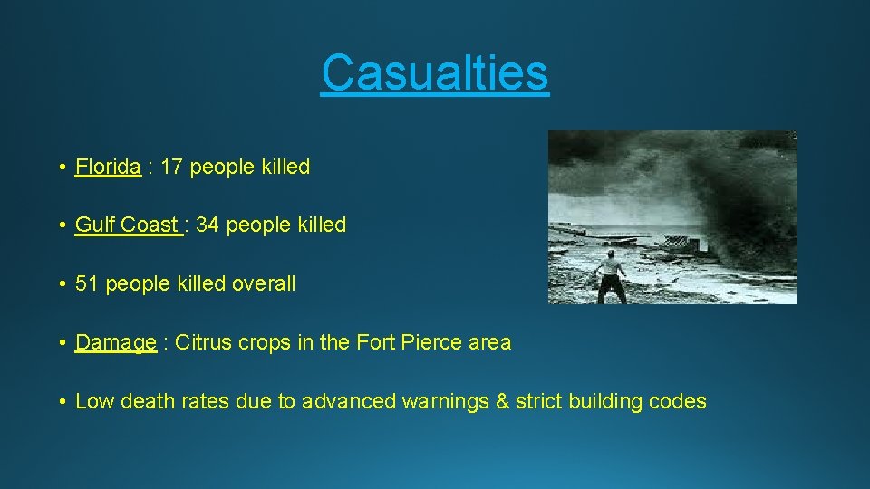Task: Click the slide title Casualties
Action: (x=435, y=72)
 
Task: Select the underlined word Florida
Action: (x=108, y=167)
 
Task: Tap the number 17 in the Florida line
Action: (x=172, y=167)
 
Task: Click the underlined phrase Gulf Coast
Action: (x=128, y=225)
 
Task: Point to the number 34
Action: (x=208, y=225)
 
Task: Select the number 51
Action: (x=87, y=283)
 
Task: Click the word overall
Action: (x=264, y=283)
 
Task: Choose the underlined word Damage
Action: (x=116, y=342)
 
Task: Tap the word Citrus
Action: (x=201, y=342)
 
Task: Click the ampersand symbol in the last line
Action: (x=502, y=401)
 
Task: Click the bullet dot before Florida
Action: (x=58, y=168)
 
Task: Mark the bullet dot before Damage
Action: (x=58, y=343)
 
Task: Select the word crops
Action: (x=263, y=342)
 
